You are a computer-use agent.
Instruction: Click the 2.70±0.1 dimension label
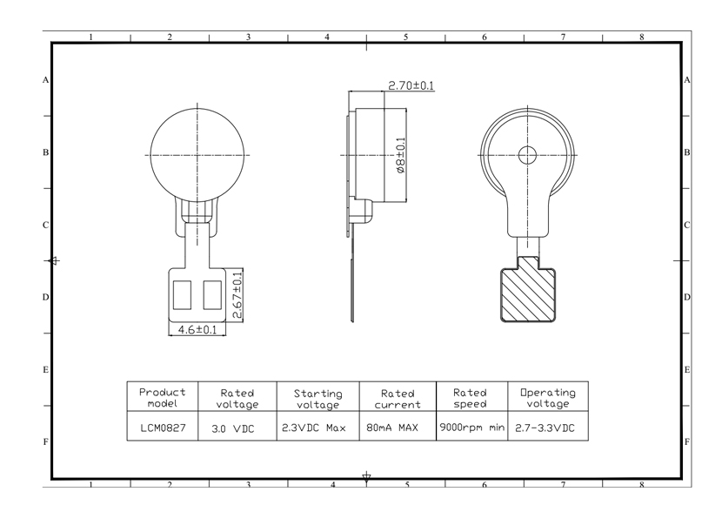[x=411, y=85]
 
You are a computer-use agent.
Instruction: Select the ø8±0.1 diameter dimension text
[x=401, y=155]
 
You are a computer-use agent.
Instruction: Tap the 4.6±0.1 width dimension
[x=197, y=329]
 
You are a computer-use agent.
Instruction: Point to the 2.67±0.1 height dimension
[x=237, y=295]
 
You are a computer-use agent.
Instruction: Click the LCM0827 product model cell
[x=163, y=428]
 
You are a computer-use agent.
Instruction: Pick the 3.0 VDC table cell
[x=233, y=428]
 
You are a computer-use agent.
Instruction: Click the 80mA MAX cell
[x=392, y=428]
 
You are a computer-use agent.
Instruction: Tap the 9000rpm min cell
[x=472, y=428]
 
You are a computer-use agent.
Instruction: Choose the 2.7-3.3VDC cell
[x=545, y=428]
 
